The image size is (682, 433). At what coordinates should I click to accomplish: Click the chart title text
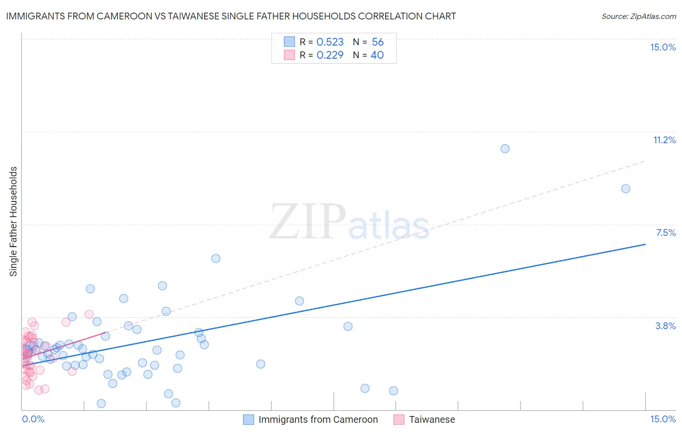pos(231,16)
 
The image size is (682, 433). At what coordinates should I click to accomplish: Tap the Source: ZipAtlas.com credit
pos(638,16)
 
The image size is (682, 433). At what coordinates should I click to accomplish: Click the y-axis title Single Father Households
pos(14,221)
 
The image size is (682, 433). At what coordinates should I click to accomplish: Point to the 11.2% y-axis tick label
pos(664,140)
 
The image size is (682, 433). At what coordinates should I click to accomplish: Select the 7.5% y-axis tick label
pos(666,233)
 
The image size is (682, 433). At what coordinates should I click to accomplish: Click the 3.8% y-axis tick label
pos(666,326)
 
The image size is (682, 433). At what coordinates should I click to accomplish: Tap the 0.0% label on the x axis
pos(33,419)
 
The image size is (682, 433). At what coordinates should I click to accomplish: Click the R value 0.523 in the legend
pos(330,42)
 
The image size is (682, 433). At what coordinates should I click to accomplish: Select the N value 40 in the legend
pos(377,55)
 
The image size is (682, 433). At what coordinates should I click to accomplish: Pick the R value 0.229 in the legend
pos(330,55)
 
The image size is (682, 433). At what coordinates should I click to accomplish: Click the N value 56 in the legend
pos(377,42)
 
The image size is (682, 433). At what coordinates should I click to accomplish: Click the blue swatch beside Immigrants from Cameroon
pos(248,419)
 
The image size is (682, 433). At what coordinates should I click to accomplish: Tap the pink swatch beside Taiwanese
pos(399,419)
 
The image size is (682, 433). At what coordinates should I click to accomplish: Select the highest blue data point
pos(505,149)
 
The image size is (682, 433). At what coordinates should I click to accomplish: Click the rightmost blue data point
pos(626,189)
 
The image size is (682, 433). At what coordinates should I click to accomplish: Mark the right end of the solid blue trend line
pos(645,244)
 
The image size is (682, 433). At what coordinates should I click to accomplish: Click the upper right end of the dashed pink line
pos(645,161)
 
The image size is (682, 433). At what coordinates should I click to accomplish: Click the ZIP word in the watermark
pos(308,222)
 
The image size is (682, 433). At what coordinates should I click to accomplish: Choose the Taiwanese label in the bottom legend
pos(432,419)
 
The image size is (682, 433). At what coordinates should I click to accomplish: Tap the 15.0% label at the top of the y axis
pos(663,48)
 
